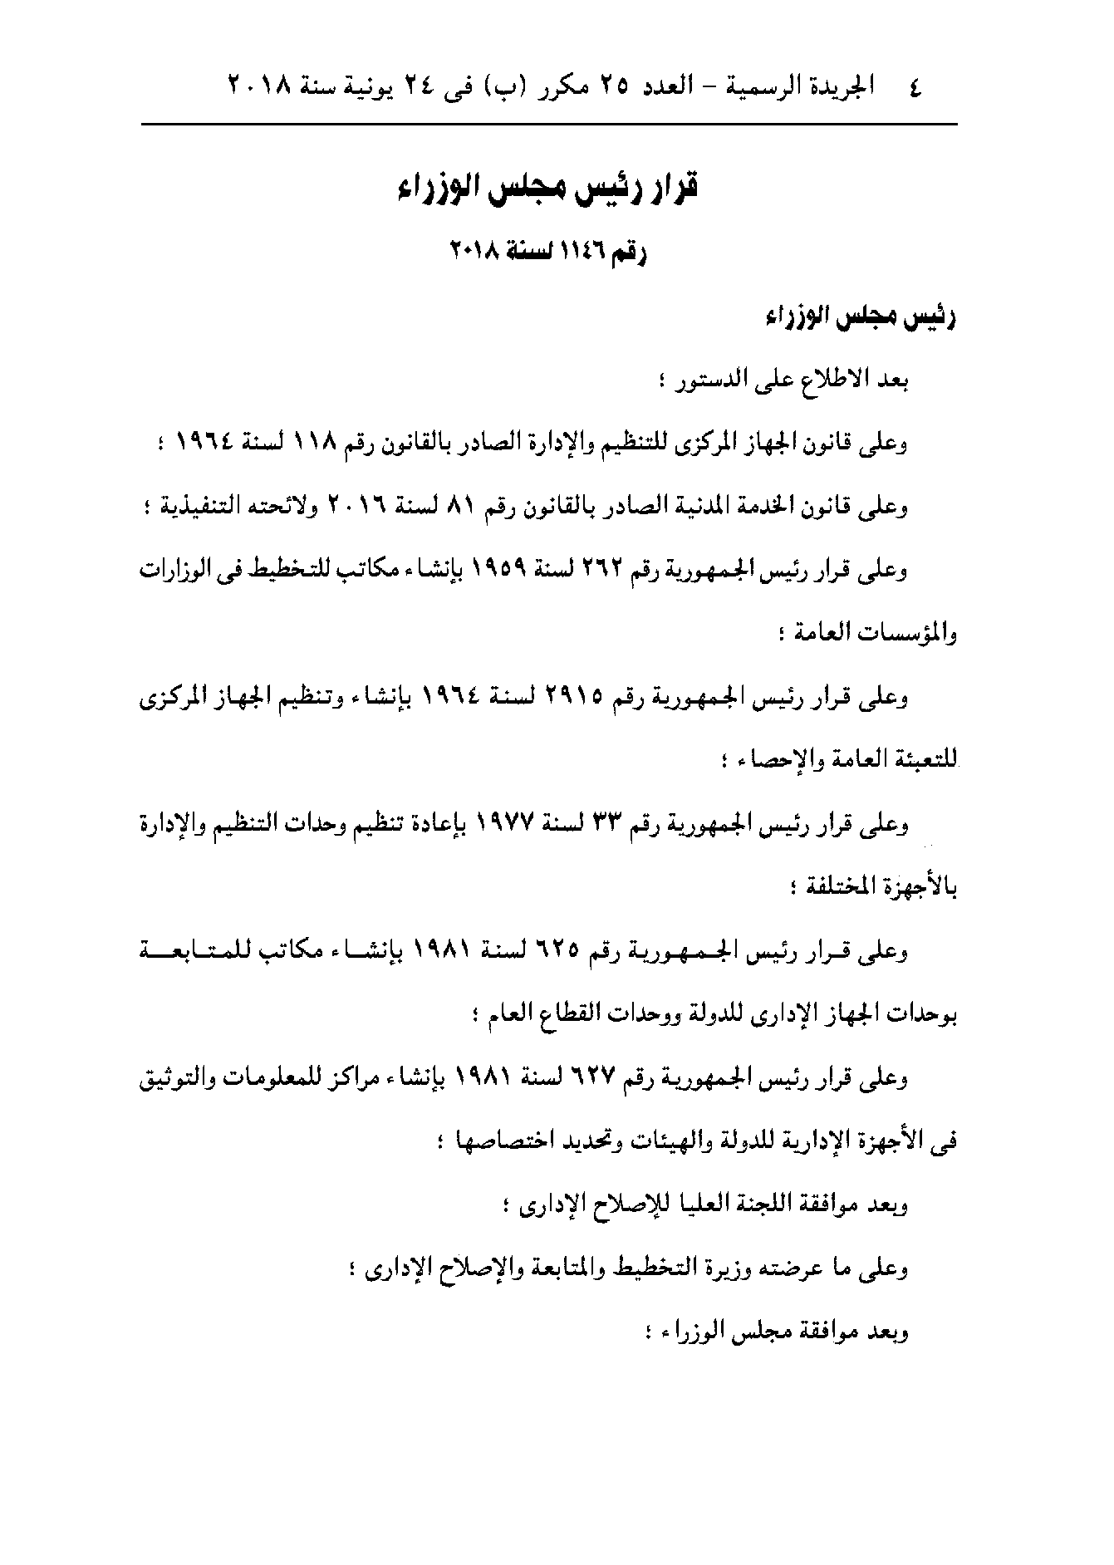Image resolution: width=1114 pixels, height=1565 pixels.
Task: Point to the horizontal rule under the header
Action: tap(549, 125)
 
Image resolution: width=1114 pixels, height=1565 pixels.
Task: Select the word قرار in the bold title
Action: tap(670, 188)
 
